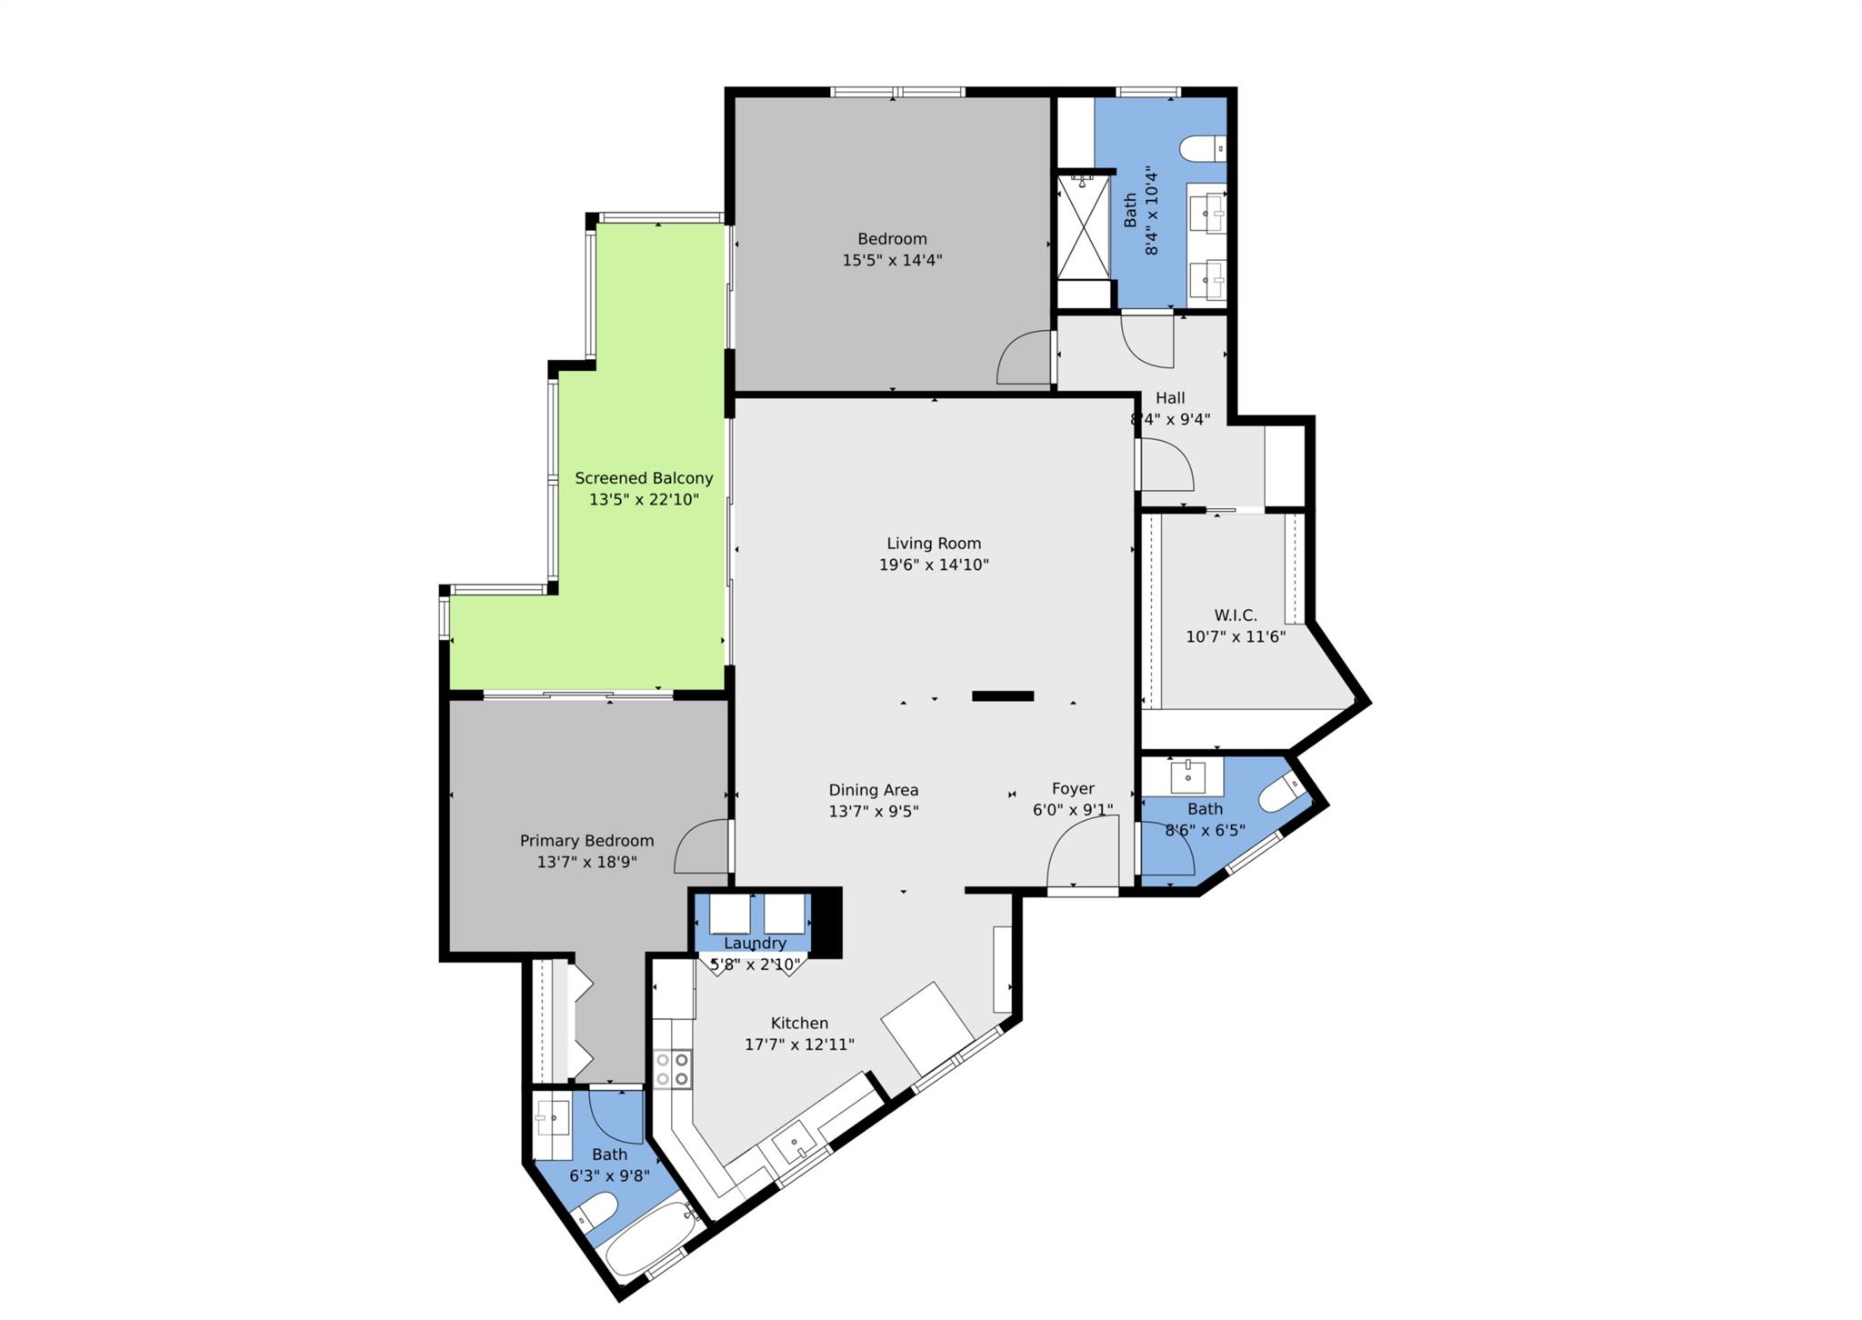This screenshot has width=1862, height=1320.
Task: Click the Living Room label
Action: [934, 544]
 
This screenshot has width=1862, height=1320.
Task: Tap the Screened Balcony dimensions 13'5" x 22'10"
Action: [644, 499]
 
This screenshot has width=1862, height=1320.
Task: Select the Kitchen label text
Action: [799, 1023]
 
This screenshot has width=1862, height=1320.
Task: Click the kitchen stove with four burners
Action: [672, 1068]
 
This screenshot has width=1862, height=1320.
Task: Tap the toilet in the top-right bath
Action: [1202, 148]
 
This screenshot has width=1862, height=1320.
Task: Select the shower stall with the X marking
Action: [1083, 227]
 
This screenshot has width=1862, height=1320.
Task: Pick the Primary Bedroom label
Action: [586, 841]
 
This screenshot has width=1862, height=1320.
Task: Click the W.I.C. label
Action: [1236, 615]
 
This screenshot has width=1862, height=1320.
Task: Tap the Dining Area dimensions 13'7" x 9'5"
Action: [874, 812]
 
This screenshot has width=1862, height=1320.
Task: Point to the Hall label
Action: [1170, 398]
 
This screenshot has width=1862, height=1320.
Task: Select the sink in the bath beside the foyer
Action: [1187, 777]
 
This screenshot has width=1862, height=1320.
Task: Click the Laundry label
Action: [755, 944]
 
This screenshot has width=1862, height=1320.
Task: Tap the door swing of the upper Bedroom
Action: [1025, 358]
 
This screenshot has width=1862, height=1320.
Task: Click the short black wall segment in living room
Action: [1003, 696]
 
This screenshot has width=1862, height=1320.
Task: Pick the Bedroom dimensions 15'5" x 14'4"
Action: [892, 261]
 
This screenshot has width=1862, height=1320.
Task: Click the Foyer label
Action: [1073, 789]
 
